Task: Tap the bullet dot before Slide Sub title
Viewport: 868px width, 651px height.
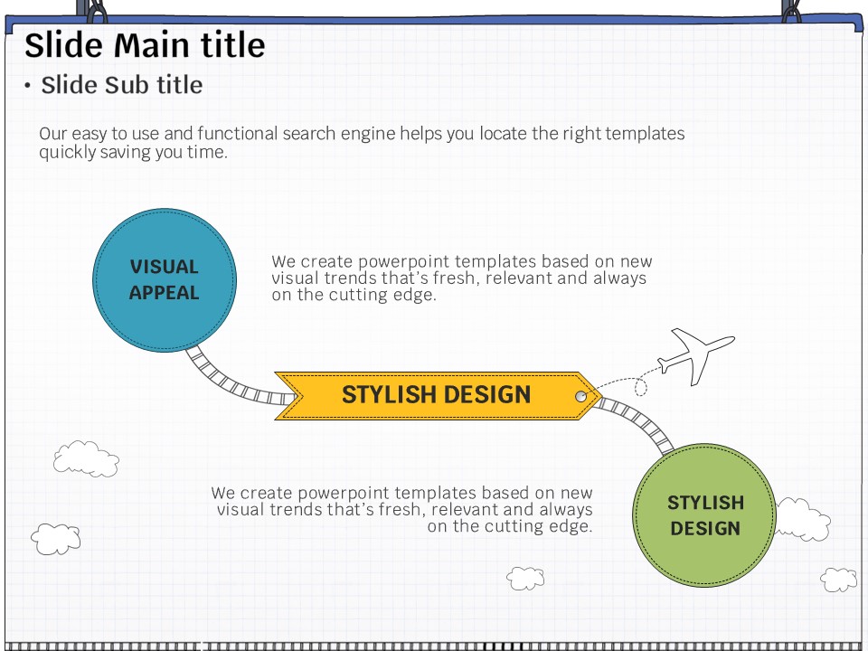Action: coord(27,86)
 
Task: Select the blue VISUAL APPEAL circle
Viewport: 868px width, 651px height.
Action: coord(165,280)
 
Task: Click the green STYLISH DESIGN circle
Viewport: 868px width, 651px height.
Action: coord(704,514)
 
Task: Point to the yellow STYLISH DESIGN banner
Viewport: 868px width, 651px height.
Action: coord(438,396)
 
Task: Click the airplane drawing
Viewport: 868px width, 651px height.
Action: coord(696,355)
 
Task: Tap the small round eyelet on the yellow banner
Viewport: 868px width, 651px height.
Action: coord(580,396)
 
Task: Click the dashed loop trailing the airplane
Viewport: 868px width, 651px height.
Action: coord(640,387)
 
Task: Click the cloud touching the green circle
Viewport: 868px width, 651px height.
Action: coord(803,519)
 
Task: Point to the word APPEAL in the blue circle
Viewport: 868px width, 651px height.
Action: coord(164,293)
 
